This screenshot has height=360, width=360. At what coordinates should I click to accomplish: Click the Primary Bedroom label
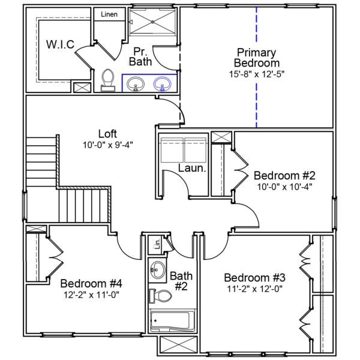click(x=257, y=57)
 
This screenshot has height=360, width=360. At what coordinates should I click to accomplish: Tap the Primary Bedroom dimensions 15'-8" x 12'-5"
click(x=257, y=74)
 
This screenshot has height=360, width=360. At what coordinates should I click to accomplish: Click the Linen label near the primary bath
click(x=109, y=14)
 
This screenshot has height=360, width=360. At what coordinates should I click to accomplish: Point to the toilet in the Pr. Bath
click(x=108, y=80)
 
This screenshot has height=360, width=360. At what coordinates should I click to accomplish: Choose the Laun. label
click(x=192, y=170)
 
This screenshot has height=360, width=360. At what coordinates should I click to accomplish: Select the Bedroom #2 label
click(x=284, y=175)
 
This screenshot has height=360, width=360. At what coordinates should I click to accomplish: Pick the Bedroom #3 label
click(x=254, y=278)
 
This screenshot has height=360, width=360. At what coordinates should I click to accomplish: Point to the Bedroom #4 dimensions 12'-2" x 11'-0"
click(x=92, y=295)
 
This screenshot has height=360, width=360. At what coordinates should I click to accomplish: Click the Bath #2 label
click(x=181, y=281)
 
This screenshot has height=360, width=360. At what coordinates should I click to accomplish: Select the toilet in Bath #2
click(x=160, y=296)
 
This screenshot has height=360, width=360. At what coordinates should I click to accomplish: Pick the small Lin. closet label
click(x=158, y=245)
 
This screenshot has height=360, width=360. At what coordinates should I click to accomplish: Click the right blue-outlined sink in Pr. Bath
click(x=162, y=85)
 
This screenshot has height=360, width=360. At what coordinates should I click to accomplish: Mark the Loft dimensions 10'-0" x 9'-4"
click(x=107, y=145)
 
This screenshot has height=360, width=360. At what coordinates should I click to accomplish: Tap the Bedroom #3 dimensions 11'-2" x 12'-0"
click(x=254, y=289)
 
